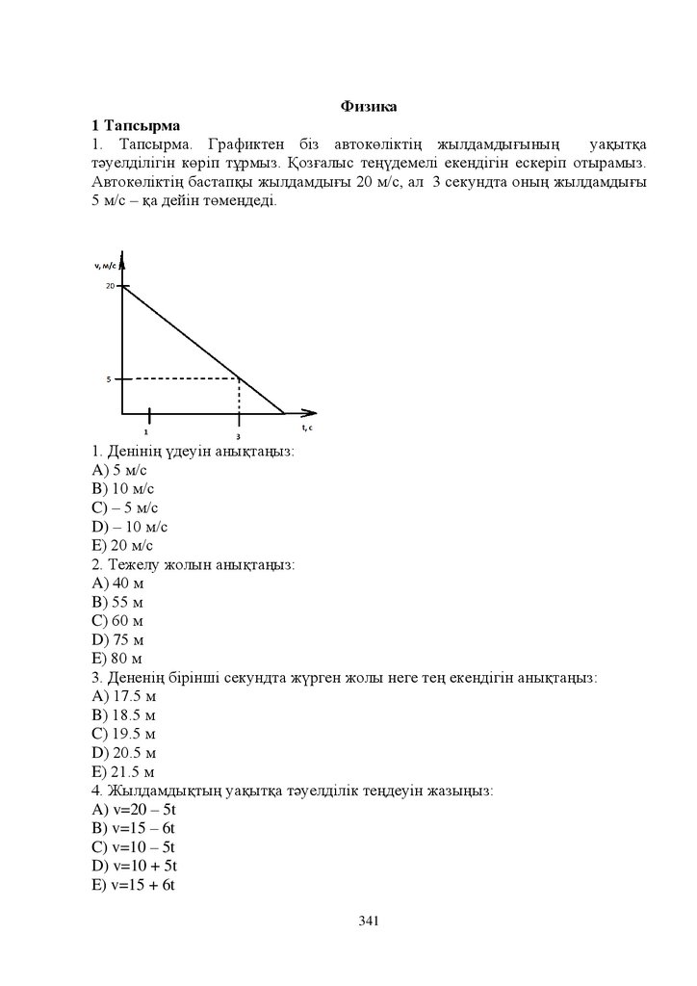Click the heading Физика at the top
coord(369,106)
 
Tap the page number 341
coord(369,921)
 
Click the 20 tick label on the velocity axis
coord(111,287)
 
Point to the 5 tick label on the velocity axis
coord(110,379)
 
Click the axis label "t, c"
coord(307,427)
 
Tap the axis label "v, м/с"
coord(105,265)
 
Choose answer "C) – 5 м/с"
coord(125,507)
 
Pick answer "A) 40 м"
coord(117,583)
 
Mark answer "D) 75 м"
coord(117,639)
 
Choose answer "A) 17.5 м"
coord(123,696)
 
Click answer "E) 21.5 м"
coord(123,772)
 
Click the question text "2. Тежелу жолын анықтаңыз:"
coord(193,564)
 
